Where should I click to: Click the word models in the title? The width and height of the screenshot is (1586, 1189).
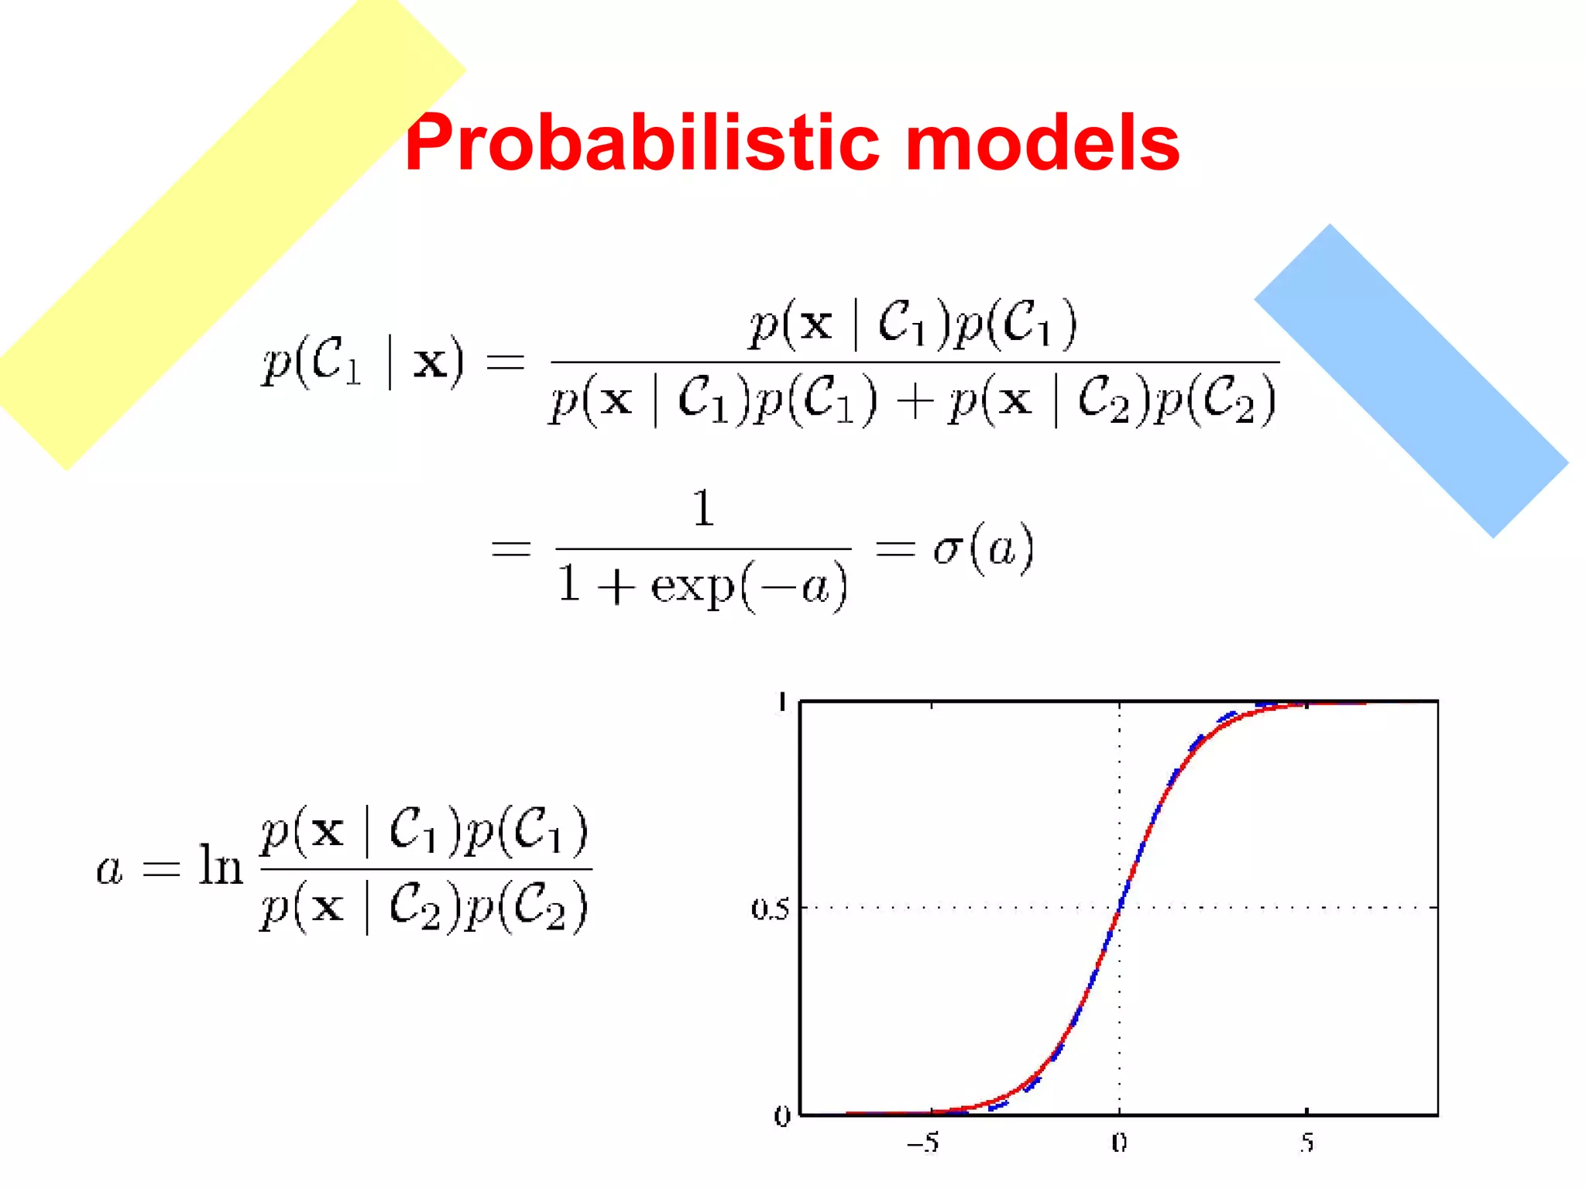pyautogui.click(x=1042, y=143)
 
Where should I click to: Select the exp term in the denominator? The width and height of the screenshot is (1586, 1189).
pyautogui.click(x=692, y=586)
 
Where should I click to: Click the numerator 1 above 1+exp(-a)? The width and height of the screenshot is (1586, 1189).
pyautogui.click(x=703, y=509)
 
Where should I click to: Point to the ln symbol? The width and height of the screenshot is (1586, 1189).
pyautogui.click(x=220, y=866)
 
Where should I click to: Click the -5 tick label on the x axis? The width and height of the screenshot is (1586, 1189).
pyautogui.click(x=923, y=1143)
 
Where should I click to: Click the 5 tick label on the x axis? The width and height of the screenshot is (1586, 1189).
pyautogui.click(x=1306, y=1143)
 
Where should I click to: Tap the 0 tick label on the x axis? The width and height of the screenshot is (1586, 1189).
pyautogui.click(x=1119, y=1143)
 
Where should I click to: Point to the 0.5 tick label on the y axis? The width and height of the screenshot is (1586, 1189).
pyautogui.click(x=770, y=909)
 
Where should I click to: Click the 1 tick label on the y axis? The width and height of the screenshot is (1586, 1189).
pyautogui.click(x=782, y=703)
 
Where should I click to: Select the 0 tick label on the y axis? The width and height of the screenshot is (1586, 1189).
pyautogui.click(x=781, y=1116)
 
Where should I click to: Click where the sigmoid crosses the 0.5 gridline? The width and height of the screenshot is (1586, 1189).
pyautogui.click(x=1120, y=907)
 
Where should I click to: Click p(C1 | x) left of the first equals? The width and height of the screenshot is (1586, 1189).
pyautogui.click(x=363, y=362)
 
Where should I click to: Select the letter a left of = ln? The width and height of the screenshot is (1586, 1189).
pyautogui.click(x=109, y=869)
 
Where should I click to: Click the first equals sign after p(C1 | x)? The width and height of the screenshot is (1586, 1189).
pyautogui.click(x=505, y=363)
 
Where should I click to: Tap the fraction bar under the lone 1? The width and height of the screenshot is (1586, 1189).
pyautogui.click(x=703, y=548)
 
